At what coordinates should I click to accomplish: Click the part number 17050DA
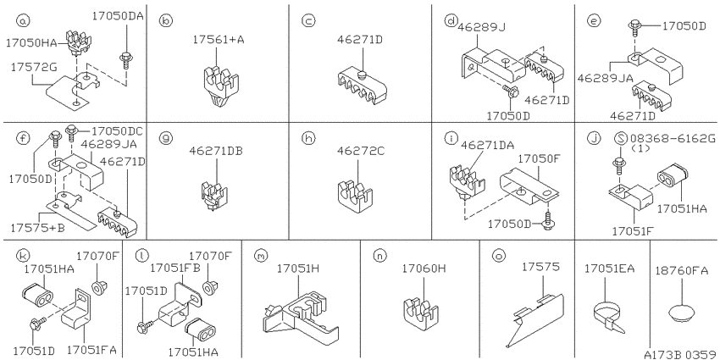pyautogui.click(x=118, y=16)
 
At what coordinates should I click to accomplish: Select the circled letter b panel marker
pyautogui.click(x=165, y=20)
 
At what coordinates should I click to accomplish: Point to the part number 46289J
pyautogui.click(x=481, y=28)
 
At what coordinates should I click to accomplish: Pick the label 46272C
pyautogui.click(x=361, y=150)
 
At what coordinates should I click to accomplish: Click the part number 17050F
pyautogui.click(x=540, y=159)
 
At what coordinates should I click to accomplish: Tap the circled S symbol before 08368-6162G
pyautogui.click(x=620, y=138)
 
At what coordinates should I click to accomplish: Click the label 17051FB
pyautogui.click(x=175, y=267)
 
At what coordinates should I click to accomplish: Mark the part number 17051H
pyautogui.click(x=298, y=269)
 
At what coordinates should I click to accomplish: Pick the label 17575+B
pyautogui.click(x=38, y=226)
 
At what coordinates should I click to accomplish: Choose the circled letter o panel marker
pyautogui.click(x=498, y=255)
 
